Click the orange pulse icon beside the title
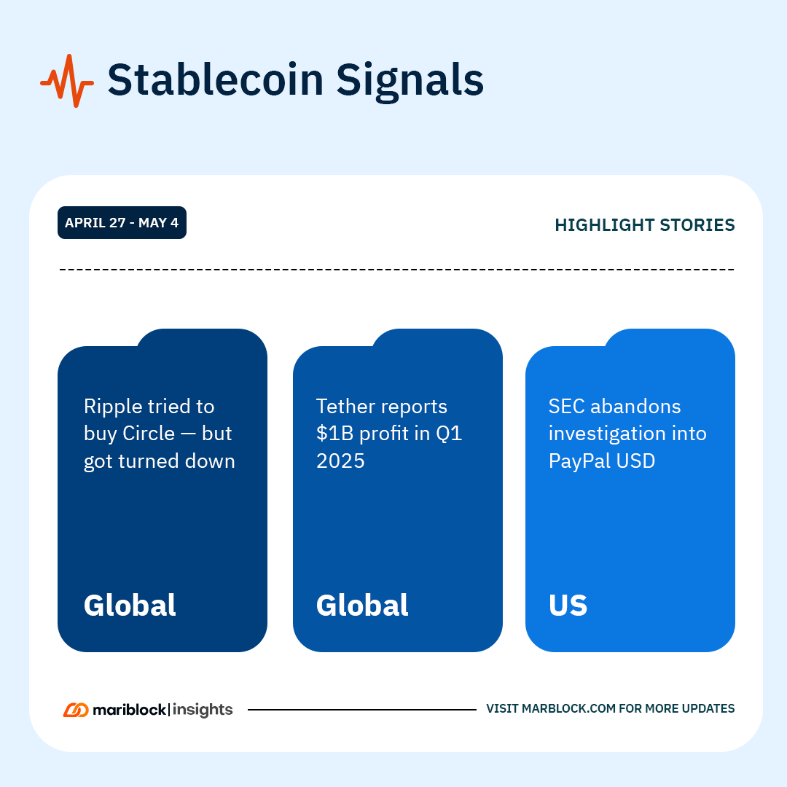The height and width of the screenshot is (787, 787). (x=67, y=81)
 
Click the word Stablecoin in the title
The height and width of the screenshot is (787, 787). (x=216, y=79)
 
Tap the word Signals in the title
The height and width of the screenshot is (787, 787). (x=410, y=82)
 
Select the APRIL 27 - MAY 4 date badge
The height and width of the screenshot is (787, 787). (x=122, y=222)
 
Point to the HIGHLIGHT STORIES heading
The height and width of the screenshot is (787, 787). (x=644, y=225)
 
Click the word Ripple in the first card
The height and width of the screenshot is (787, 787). (x=112, y=407)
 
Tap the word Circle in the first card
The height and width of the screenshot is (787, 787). (x=149, y=433)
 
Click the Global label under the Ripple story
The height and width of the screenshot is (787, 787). (x=130, y=605)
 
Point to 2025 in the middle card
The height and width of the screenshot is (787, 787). (x=340, y=461)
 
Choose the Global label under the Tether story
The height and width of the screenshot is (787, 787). (x=362, y=605)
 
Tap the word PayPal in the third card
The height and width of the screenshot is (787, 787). (x=580, y=461)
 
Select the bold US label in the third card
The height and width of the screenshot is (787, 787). (x=568, y=606)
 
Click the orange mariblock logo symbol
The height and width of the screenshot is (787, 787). (x=76, y=710)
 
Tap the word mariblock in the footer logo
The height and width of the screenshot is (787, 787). (x=130, y=710)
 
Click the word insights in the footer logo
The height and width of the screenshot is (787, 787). (x=203, y=710)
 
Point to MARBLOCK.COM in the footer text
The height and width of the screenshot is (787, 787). (x=568, y=708)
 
